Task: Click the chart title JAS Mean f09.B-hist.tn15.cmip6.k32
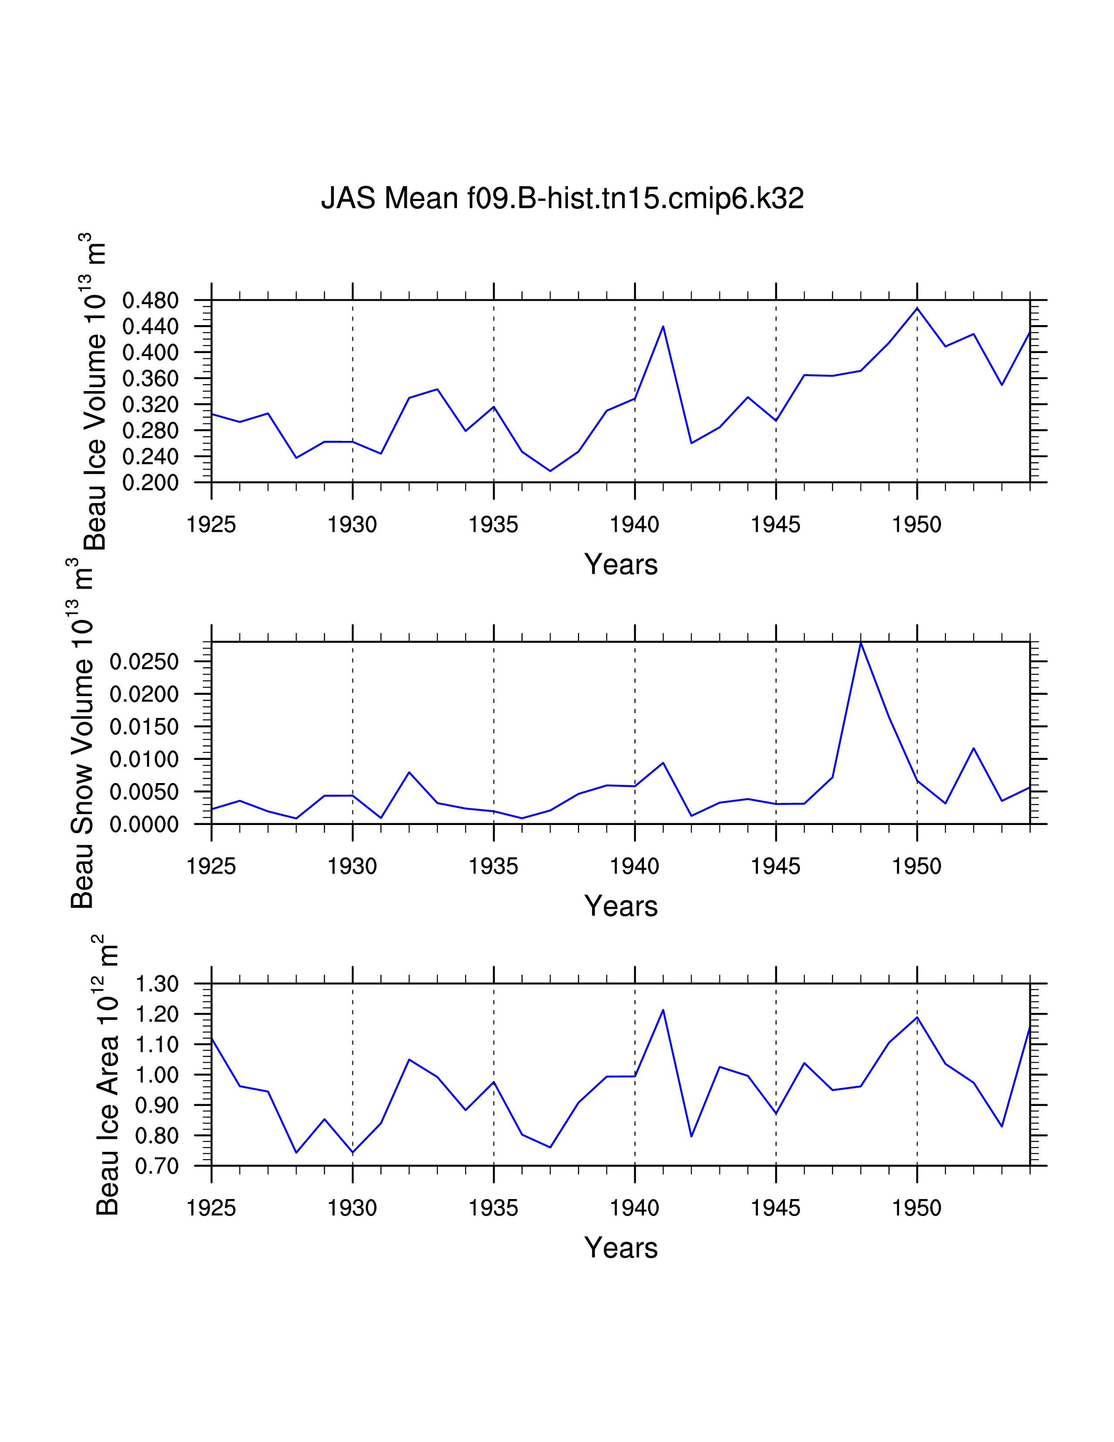562,198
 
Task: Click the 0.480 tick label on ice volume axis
150,301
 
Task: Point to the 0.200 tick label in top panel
150,483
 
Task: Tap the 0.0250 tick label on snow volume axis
144,662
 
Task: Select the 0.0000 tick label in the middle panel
144,825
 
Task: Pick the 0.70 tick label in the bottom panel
157,1167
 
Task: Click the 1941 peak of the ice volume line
663,326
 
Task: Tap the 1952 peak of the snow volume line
973,748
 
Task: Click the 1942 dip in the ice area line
692,1136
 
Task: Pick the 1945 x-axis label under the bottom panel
775,1208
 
